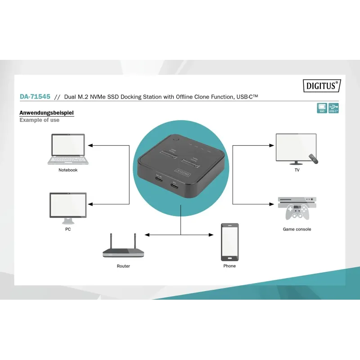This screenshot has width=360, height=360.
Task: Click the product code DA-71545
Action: (35, 96)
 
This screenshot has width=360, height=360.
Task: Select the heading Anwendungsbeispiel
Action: (46, 113)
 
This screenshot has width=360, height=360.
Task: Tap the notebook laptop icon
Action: (68, 149)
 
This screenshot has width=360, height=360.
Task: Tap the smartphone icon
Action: (229, 242)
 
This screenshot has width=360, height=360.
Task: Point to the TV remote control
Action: (313, 158)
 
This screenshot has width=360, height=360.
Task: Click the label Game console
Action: (297, 229)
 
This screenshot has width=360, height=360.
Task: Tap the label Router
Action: (123, 266)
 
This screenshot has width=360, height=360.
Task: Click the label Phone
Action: (229, 266)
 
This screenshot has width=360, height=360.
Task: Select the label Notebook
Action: (68, 170)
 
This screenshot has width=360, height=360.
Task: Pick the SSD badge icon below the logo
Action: (322, 108)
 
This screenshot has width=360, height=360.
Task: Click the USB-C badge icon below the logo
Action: (333, 108)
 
